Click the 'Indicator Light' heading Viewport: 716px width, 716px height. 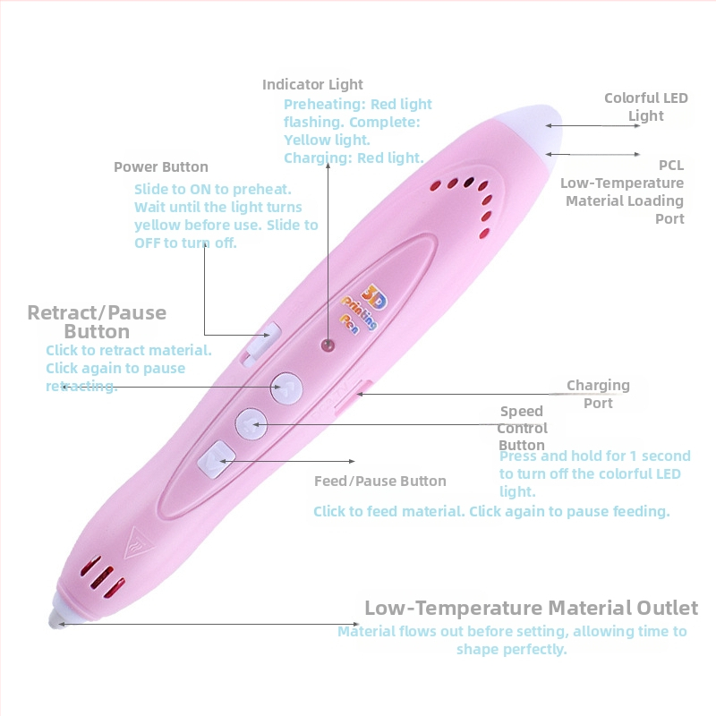[312, 84]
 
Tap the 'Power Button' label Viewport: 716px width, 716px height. [160, 167]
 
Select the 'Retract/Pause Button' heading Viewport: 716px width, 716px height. [97, 321]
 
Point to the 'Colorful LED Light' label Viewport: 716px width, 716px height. [645, 107]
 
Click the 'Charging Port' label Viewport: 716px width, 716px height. [598, 394]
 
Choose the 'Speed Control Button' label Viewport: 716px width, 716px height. [522, 428]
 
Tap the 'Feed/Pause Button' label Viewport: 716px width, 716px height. [379, 481]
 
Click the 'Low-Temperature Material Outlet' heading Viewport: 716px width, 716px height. [531, 609]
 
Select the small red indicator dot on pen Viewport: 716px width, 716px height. [328, 344]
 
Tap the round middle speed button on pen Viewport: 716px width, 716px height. [251, 421]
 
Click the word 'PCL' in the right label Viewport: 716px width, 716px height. [671, 166]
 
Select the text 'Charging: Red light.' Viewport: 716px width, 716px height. [354, 158]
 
